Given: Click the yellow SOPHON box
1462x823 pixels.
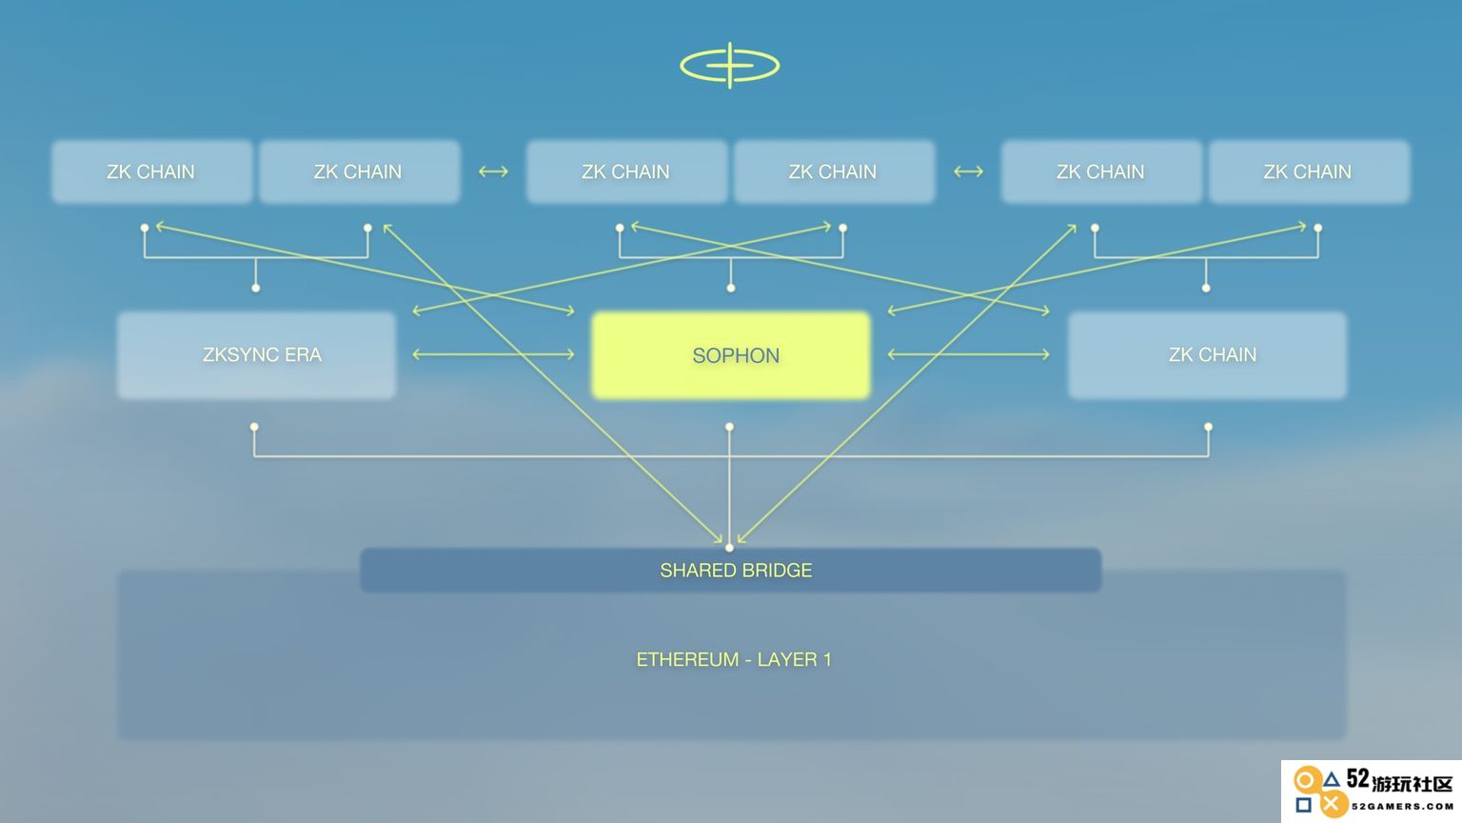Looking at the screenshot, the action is [x=730, y=355].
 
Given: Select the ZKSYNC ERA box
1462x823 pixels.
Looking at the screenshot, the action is [x=256, y=354].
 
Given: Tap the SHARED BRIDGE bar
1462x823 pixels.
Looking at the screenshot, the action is [x=730, y=571].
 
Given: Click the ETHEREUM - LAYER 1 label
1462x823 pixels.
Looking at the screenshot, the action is [x=734, y=660].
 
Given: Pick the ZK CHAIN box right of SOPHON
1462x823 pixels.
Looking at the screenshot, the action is [x=1207, y=354].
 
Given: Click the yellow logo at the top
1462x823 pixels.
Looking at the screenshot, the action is [x=730, y=66].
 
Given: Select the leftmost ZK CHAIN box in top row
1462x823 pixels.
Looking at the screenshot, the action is [x=152, y=171].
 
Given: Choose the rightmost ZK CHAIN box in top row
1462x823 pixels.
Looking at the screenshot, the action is [x=1310, y=171].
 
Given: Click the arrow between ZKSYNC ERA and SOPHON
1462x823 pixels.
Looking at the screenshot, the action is [x=493, y=354].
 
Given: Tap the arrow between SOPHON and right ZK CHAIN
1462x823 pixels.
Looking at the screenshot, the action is [x=969, y=354].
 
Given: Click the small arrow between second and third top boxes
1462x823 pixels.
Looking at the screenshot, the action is [x=493, y=171].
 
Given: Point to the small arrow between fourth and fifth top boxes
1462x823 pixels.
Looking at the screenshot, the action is [x=968, y=171].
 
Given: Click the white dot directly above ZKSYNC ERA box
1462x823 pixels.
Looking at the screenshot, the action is [x=256, y=288].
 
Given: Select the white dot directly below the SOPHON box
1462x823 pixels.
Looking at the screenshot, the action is [x=729, y=427].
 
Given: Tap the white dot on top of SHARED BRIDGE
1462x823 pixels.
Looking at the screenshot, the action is [x=729, y=548].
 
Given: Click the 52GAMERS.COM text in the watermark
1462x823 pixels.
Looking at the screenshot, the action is [x=1402, y=807].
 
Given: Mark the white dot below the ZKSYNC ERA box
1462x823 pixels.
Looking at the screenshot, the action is [x=254, y=427].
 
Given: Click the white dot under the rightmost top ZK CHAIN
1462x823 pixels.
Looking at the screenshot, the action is [x=1317, y=228].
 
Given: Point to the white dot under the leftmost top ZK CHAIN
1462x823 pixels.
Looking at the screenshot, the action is [x=145, y=228].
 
